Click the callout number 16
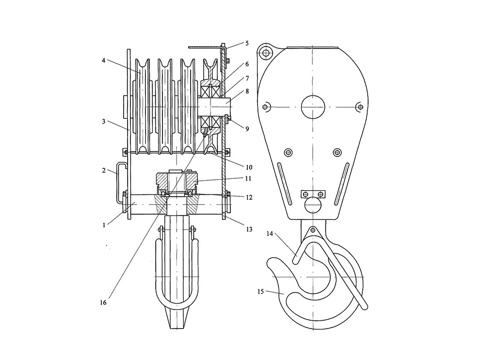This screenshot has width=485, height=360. (x=103, y=302)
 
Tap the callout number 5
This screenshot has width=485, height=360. (x=247, y=43)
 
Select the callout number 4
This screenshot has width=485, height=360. (x=104, y=61)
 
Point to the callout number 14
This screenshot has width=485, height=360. (x=270, y=234)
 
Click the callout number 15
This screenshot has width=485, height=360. (x=260, y=291)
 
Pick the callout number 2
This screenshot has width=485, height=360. (x=104, y=170)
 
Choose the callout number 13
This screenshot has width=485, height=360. (x=249, y=229)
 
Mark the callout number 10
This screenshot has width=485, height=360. (x=249, y=168)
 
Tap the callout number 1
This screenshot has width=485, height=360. (x=104, y=225)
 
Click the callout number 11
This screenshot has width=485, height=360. (x=248, y=179)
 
